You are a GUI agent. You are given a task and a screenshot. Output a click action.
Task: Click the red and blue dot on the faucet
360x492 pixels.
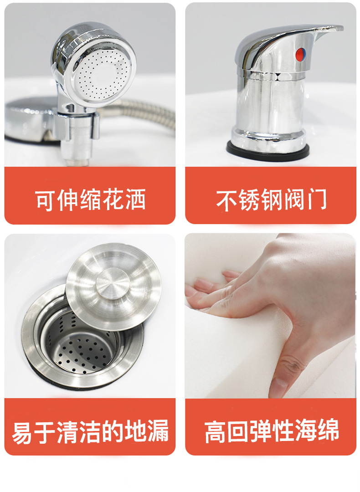(301, 54)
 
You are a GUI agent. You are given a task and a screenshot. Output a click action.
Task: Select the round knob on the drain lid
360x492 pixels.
(113, 283)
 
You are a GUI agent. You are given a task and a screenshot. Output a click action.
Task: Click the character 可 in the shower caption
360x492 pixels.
(46, 200)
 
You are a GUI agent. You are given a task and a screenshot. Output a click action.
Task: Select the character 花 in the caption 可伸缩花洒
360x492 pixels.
(113, 200)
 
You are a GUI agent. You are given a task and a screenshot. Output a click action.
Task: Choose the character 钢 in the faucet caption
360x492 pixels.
(272, 200)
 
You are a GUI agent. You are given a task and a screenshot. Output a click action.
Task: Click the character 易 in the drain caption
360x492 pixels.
(23, 431)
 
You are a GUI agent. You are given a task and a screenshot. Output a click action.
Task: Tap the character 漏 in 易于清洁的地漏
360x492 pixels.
(158, 431)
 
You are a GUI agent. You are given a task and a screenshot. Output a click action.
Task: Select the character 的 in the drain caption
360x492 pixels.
(113, 431)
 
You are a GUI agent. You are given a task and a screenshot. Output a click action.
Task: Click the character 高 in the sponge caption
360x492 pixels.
(215, 431)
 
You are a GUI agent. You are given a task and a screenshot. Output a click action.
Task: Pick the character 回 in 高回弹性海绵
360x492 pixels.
(238, 431)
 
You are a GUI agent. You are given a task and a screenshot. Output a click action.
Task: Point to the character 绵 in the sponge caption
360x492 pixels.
(328, 431)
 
